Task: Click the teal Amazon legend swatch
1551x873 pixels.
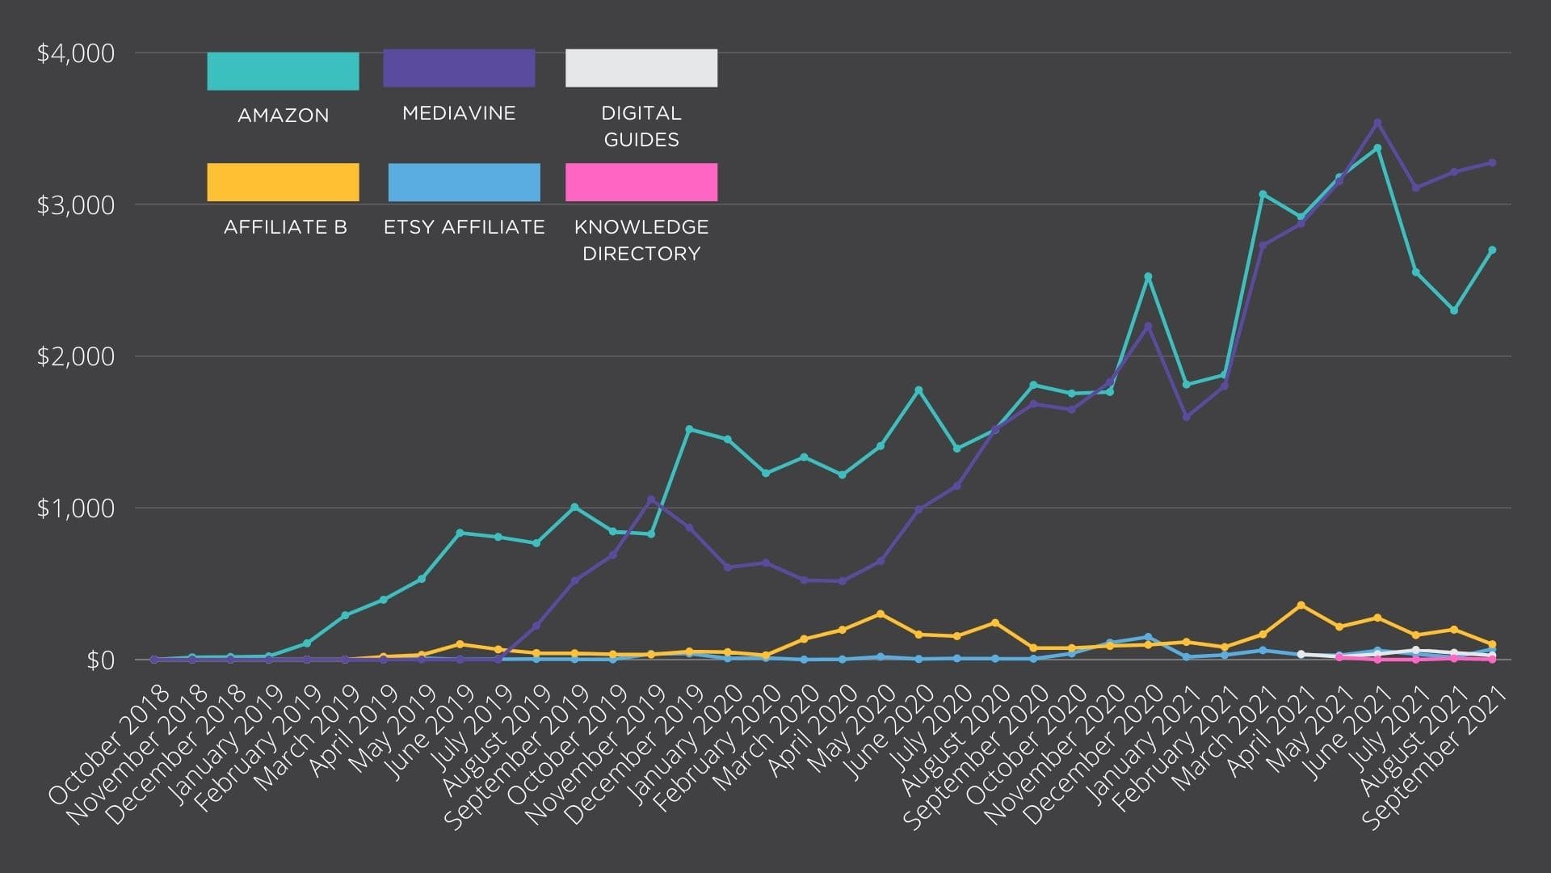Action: pyautogui.click(x=283, y=71)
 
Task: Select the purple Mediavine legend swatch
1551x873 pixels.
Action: pyautogui.click(x=459, y=68)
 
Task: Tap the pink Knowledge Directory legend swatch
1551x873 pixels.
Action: pyautogui.click(x=641, y=182)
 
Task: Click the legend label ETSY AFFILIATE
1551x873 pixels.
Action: pyautogui.click(x=464, y=227)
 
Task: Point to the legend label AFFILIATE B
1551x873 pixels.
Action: pyautogui.click(x=285, y=227)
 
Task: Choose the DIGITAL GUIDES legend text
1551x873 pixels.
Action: pyautogui.click(x=641, y=126)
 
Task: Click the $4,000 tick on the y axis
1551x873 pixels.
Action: pyautogui.click(x=76, y=53)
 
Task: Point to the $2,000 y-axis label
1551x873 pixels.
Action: pyautogui.click(x=76, y=356)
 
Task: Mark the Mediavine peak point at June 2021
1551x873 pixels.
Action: pyautogui.click(x=1377, y=123)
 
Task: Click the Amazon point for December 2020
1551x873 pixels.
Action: pyautogui.click(x=1148, y=276)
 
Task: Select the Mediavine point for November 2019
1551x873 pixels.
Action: pyautogui.click(x=651, y=499)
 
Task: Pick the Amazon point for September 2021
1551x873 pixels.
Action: pyautogui.click(x=1492, y=250)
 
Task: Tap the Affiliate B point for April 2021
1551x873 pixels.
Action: pyautogui.click(x=1301, y=605)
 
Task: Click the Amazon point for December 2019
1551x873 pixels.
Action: pyautogui.click(x=689, y=429)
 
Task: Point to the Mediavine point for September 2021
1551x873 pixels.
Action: pyautogui.click(x=1492, y=162)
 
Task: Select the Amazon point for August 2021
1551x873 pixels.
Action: pyautogui.click(x=1454, y=310)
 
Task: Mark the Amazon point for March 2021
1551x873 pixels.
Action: pyautogui.click(x=1263, y=194)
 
